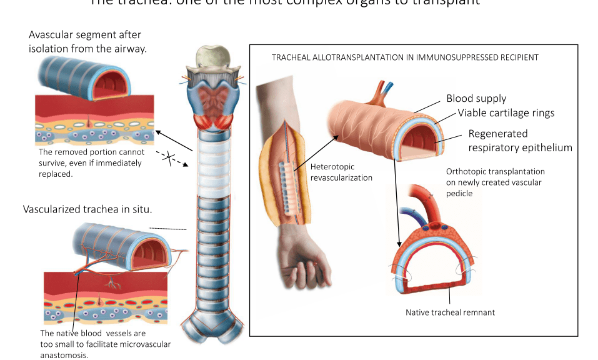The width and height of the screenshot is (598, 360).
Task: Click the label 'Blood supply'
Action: [x=476, y=99]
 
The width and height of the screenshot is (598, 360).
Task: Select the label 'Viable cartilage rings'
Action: [x=506, y=113]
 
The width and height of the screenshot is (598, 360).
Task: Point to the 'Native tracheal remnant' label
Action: [x=450, y=312]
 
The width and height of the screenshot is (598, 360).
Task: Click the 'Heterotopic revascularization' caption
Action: [x=341, y=172]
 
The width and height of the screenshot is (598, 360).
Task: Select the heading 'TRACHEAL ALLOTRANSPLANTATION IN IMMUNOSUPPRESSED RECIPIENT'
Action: [x=405, y=57]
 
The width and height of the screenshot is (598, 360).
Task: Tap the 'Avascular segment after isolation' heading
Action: [x=87, y=41]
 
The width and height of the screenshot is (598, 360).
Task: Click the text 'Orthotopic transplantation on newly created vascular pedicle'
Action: [x=495, y=182]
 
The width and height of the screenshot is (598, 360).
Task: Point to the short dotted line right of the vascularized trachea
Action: [x=168, y=229]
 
